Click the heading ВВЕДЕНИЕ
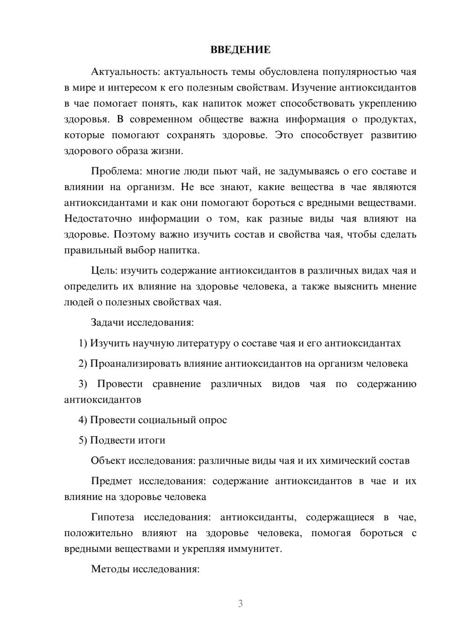pyautogui.click(x=240, y=50)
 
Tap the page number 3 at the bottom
pyautogui.click(x=240, y=604)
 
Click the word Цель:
pyautogui.click(x=105, y=270)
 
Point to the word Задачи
pyautogui.click(x=108, y=322)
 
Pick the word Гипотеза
pyautogui.click(x=113, y=517)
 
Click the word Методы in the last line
pyautogui.click(x=110, y=569)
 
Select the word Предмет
pyautogui.click(x=111, y=481)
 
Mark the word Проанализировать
pyautogui.click(x=135, y=364)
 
